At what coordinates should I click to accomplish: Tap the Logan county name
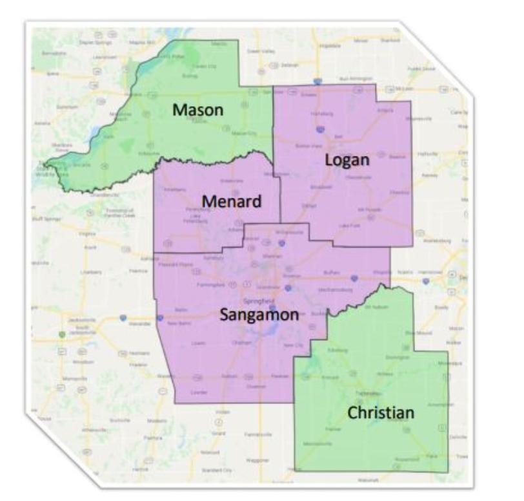tap(347, 159)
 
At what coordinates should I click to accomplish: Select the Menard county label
tap(232, 201)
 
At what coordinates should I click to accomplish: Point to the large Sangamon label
tap(259, 315)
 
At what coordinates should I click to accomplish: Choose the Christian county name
tap(381, 412)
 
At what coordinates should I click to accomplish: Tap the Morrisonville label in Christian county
tap(317, 444)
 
